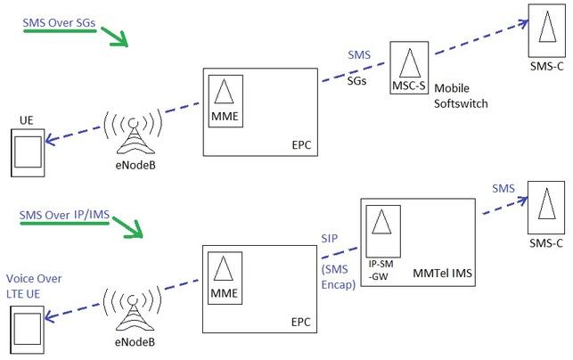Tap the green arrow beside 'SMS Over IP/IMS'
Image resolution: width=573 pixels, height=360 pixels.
point(126,230)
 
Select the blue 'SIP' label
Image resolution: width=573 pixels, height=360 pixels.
point(330,238)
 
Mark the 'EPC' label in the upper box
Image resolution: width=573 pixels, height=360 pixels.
point(303,143)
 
